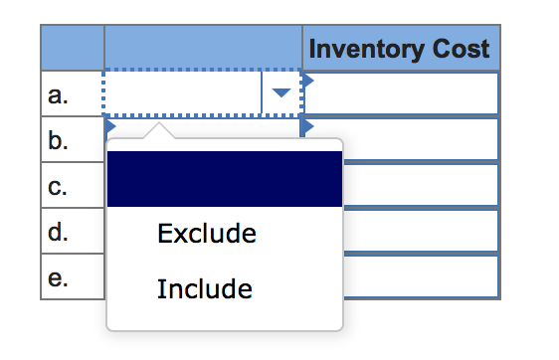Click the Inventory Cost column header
coord(401,48)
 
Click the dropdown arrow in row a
coord(281,94)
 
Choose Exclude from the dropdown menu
coord(206,234)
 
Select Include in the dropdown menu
coord(204,289)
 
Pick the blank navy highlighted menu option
coord(224,179)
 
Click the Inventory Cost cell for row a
coord(401,94)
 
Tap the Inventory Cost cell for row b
coord(418,140)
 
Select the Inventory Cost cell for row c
coord(418,186)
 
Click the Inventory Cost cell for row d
coord(418,232)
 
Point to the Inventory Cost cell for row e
coord(418,277)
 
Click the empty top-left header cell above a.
coord(72,48)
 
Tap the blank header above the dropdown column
coord(203,48)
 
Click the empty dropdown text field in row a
coord(182,94)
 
